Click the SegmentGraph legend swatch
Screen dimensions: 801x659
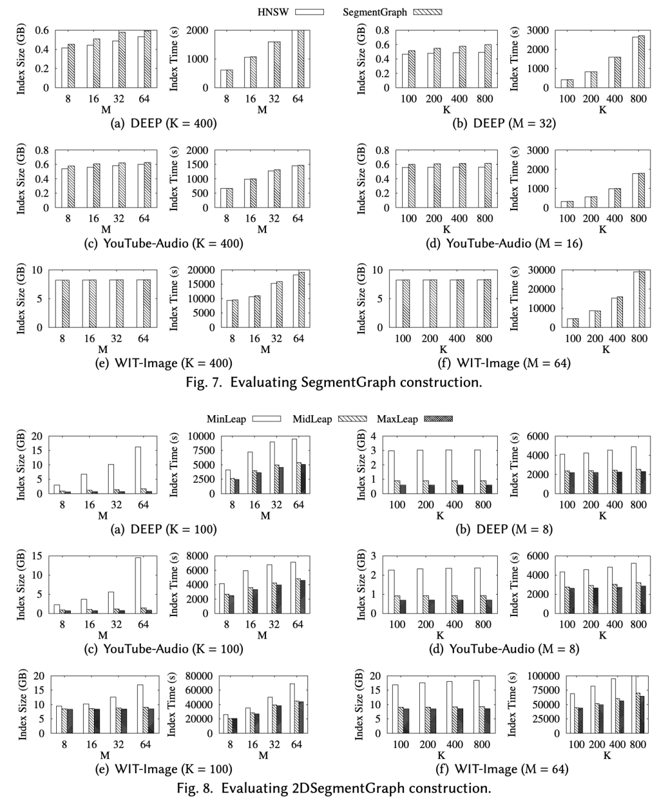pyautogui.click(x=427, y=12)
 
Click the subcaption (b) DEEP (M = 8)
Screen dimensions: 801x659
pyautogui.click(x=505, y=529)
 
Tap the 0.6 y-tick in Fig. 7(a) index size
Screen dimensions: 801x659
pyautogui.click(x=41, y=30)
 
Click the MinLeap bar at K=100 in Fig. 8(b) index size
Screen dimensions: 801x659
pyautogui.click(x=391, y=472)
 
